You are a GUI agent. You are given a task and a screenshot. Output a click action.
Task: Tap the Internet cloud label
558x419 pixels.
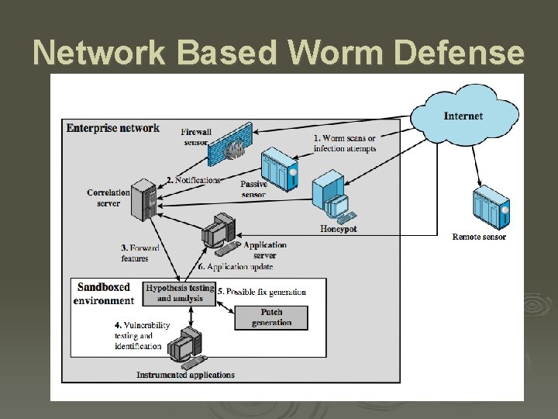coord(463,116)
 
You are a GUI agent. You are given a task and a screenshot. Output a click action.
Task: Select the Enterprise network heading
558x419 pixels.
coord(113,128)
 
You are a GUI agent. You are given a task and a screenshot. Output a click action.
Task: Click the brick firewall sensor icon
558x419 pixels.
coord(231,146)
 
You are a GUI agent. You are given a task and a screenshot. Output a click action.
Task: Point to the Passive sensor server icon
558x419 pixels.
coord(279,169)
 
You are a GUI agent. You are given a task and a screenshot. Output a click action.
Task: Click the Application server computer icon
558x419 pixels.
coord(219,234)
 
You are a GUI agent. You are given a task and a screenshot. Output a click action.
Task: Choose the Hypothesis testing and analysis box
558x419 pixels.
coord(180,293)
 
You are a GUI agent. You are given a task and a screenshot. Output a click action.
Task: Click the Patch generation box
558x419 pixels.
coord(271,317)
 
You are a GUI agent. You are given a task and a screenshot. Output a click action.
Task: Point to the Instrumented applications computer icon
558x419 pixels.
coord(187,348)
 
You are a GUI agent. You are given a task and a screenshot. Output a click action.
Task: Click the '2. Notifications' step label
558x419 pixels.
coord(193,180)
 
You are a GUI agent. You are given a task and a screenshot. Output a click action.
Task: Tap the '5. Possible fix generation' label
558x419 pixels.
coord(261,293)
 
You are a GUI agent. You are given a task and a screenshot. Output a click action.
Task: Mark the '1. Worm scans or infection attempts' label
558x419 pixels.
coord(344,144)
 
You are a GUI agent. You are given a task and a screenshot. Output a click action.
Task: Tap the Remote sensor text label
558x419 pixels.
coord(479,237)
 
